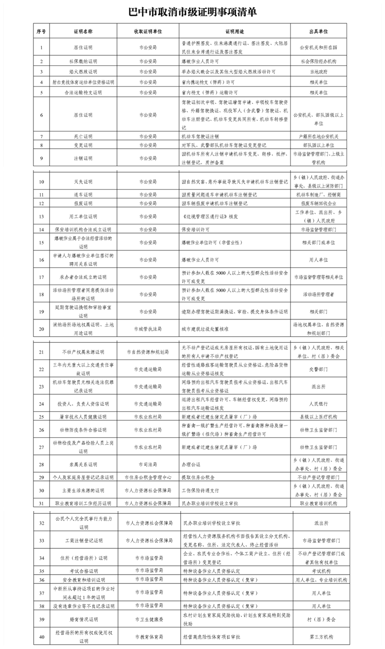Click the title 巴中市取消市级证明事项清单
pyautogui.click(x=192, y=12)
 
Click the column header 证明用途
pyautogui.click(x=235, y=31)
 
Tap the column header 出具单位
pyautogui.click(x=318, y=31)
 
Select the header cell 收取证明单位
pyautogui.click(x=148, y=31)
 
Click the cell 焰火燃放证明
pyautogui.click(x=83, y=72)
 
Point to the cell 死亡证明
pyautogui.click(x=83, y=137)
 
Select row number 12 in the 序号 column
pyautogui.click(x=41, y=204)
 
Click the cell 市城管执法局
pyautogui.click(x=148, y=329)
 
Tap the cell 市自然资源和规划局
pyautogui.click(x=148, y=352)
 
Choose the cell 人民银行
pyautogui.click(x=318, y=404)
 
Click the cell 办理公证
pyautogui.click(x=191, y=464)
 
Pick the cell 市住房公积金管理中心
pyautogui.click(x=148, y=477)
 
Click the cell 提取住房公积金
pyautogui.click(x=198, y=477)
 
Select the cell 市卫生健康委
pyautogui.click(x=149, y=619)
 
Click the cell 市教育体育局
pyautogui.click(x=149, y=637)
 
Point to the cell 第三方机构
pyautogui.click(x=321, y=637)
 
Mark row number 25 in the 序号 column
pyautogui.click(x=41, y=417)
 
